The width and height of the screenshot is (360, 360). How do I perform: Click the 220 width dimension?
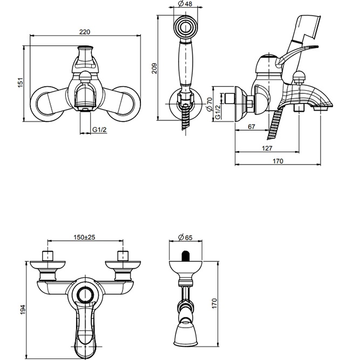(85, 32)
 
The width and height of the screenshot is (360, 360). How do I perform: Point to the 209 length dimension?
(154, 67)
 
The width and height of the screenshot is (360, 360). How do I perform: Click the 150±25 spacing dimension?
(85, 237)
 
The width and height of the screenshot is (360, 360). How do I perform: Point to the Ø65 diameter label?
(185, 237)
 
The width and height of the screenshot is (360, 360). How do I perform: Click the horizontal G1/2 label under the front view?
(98, 130)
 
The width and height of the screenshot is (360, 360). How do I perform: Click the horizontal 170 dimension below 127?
(278, 160)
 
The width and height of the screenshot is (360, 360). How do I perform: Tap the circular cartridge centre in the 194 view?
(85, 294)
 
